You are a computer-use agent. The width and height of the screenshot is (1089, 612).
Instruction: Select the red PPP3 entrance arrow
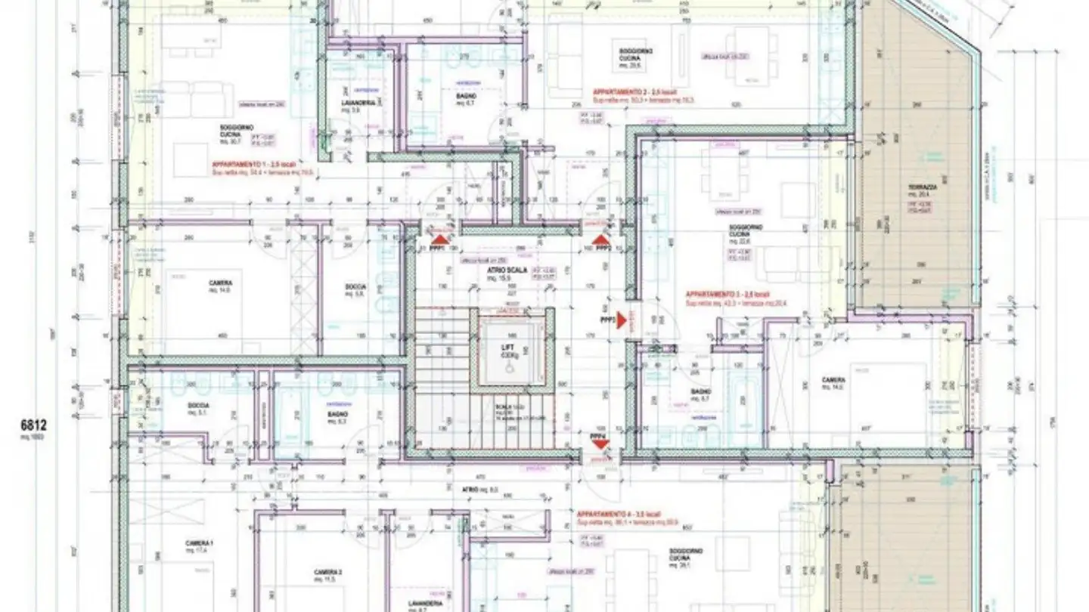coord(622,320)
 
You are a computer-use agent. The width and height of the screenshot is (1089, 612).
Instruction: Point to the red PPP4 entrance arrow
coord(600,445)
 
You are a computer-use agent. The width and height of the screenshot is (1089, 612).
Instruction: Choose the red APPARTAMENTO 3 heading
coord(716,294)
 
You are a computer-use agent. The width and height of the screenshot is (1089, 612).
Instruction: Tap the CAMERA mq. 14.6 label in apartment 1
coord(221,283)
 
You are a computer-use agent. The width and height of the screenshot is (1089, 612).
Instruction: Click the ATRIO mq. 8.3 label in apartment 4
coord(470,490)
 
